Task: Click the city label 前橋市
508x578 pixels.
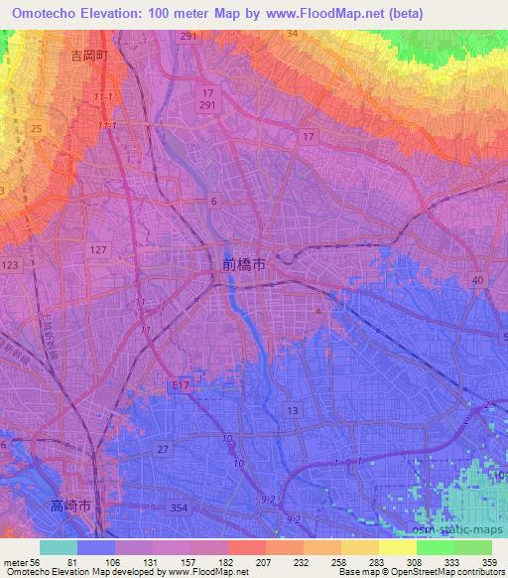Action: (243, 265)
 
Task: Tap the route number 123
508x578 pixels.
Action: (11, 265)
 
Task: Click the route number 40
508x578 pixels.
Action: (478, 282)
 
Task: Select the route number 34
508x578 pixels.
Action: (291, 34)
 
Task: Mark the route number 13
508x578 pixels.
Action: (292, 410)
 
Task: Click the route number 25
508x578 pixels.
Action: (36, 129)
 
